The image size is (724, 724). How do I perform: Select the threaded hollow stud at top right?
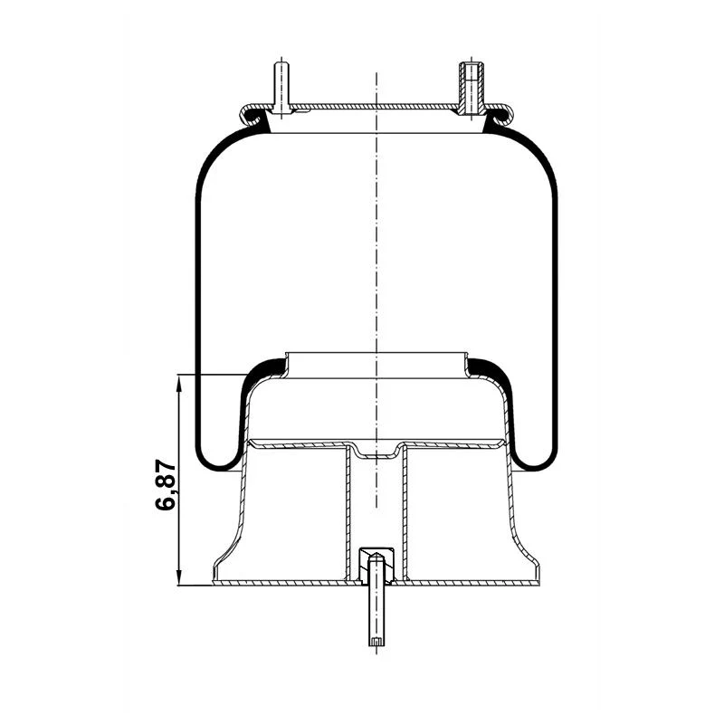point(471,87)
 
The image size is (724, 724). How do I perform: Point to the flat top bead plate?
point(376,107)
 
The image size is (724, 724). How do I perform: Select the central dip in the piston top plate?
point(375,452)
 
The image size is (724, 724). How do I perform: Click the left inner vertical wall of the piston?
point(349,511)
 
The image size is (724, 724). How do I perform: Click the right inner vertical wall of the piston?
point(402,511)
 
